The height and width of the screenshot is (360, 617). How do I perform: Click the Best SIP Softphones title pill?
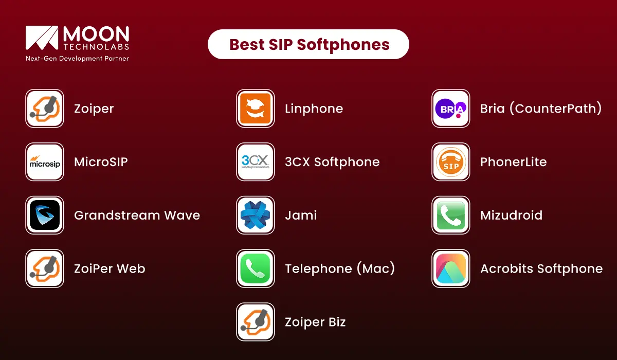(308, 44)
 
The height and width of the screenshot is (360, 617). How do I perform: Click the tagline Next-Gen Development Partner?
(77, 59)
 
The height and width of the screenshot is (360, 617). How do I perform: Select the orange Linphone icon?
(255, 109)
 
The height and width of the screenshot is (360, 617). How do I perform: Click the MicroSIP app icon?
(45, 162)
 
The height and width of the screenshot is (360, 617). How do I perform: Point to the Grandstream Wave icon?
(45, 215)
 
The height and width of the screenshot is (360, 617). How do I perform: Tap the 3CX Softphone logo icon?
(255, 162)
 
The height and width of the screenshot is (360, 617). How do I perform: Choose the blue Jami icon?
(255, 215)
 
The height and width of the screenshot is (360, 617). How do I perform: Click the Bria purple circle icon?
(450, 109)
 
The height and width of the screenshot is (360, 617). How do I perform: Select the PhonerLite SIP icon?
(450, 162)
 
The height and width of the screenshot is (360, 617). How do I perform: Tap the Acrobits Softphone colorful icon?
(450, 268)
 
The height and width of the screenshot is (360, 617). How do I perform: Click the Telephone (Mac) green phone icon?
(255, 268)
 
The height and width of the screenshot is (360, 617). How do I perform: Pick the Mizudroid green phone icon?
(450, 215)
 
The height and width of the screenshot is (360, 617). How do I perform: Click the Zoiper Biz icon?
(255, 322)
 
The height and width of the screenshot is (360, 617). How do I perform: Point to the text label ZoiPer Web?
(110, 268)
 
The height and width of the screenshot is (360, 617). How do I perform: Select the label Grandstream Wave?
(137, 215)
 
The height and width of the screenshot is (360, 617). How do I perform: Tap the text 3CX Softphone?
(332, 162)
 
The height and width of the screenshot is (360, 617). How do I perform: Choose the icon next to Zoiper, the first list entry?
(45, 109)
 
